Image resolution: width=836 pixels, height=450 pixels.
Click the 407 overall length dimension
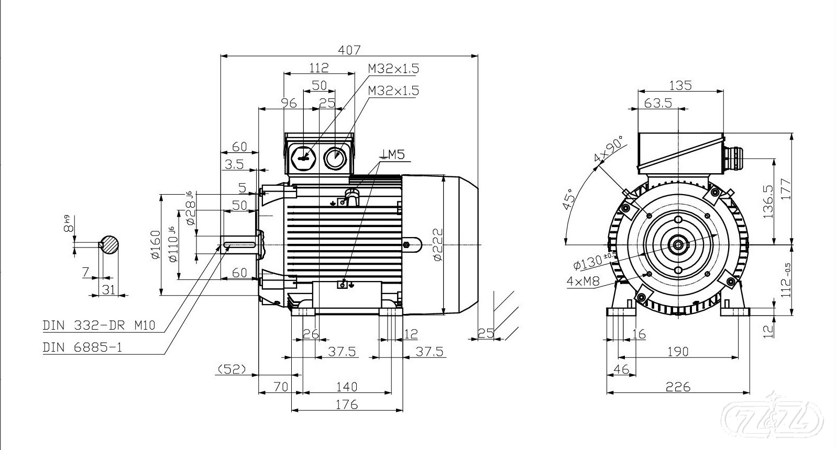[349, 50]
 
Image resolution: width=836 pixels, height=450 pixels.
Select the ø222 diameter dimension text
[437, 244]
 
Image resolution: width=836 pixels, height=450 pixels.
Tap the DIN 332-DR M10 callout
[99, 325]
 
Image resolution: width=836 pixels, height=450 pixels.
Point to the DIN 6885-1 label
[82, 347]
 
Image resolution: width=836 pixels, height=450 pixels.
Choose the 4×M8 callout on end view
[582, 282]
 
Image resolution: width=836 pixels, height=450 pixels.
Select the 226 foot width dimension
[678, 387]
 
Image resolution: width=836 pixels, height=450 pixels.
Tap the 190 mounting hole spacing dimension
[678, 352]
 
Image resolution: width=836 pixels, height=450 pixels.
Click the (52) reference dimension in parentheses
[232, 369]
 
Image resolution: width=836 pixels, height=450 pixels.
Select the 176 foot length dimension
[347, 404]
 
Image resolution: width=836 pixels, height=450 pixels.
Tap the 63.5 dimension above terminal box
[658, 103]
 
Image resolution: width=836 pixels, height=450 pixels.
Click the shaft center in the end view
[678, 244]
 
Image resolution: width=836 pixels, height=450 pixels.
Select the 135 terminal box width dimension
[680, 85]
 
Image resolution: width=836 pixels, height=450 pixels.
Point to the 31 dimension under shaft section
[108, 289]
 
